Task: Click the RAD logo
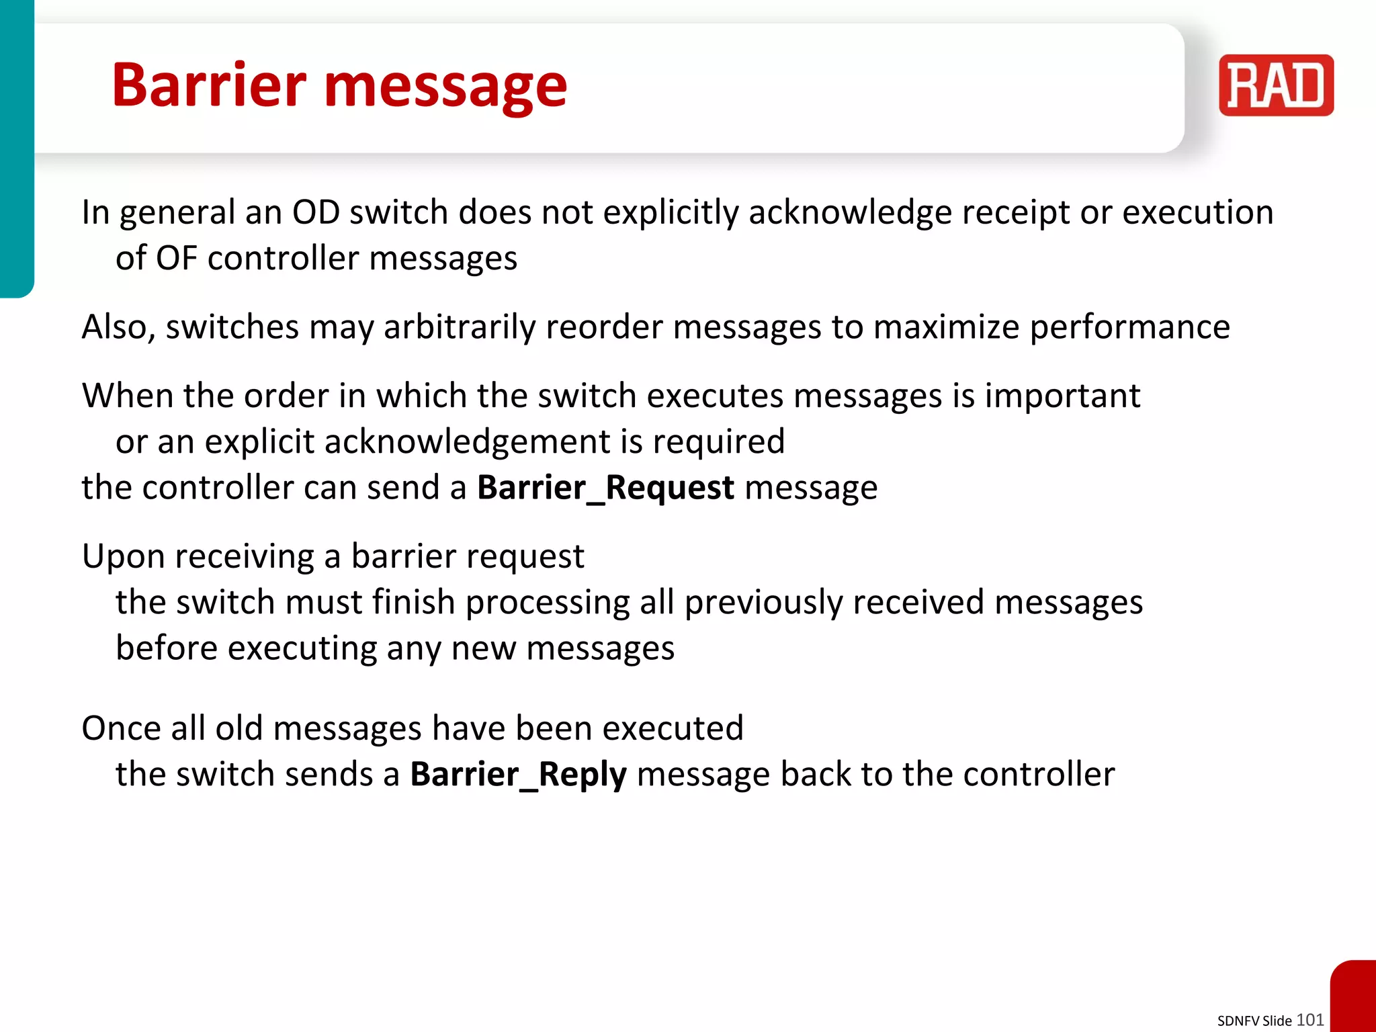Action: tap(1275, 85)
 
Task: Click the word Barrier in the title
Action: tap(209, 85)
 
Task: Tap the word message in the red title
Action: tap(445, 88)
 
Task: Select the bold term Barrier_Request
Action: tap(605, 487)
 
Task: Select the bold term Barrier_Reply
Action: tap(518, 774)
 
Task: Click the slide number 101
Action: tap(1309, 1019)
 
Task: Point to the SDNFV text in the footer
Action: tap(1238, 1021)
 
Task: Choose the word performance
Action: tap(1129, 328)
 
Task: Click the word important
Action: tap(1062, 396)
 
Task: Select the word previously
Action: tap(763, 603)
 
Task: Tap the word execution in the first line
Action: tap(1197, 212)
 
